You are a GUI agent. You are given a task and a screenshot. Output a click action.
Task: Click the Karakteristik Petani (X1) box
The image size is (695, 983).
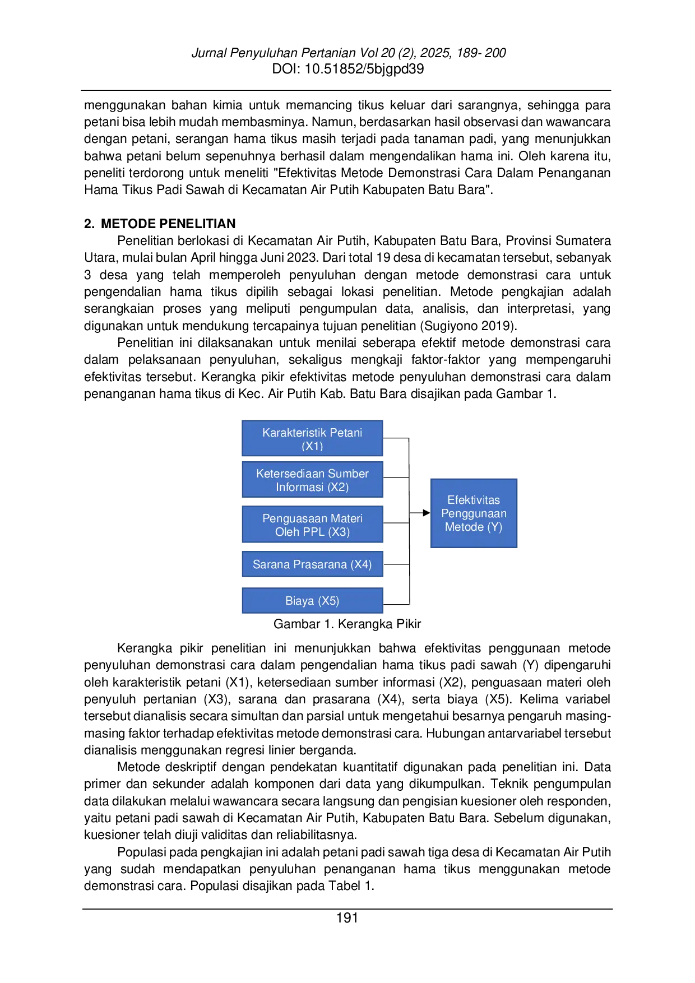tap(312, 438)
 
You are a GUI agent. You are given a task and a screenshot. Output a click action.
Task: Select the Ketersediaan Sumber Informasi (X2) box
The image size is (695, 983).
tap(312, 480)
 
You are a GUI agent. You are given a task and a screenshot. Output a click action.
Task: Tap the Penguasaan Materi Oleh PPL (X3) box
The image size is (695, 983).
tap(312, 525)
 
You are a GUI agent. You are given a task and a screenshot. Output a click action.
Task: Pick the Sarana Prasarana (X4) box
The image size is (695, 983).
tap(312, 564)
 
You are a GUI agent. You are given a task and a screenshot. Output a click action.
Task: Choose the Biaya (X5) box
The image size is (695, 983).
tap(312, 600)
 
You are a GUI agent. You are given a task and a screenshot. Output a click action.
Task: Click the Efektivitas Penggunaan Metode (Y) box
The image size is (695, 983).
tap(474, 513)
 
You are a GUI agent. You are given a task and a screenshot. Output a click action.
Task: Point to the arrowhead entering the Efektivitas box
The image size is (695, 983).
tap(427, 513)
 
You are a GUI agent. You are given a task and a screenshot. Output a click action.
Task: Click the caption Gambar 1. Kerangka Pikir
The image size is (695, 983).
tap(347, 624)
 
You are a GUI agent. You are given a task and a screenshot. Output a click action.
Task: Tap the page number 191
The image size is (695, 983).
tap(347, 918)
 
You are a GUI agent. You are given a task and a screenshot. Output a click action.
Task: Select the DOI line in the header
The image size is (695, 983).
tap(347, 69)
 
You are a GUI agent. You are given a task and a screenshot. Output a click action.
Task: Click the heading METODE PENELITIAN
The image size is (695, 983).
tap(168, 224)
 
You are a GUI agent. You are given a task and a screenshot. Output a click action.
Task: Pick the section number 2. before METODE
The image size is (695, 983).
tap(89, 224)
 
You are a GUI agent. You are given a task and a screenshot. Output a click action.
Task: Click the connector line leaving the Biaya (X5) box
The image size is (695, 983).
tap(396, 604)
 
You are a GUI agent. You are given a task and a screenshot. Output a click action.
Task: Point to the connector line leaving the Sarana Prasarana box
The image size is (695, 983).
tap(396, 564)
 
